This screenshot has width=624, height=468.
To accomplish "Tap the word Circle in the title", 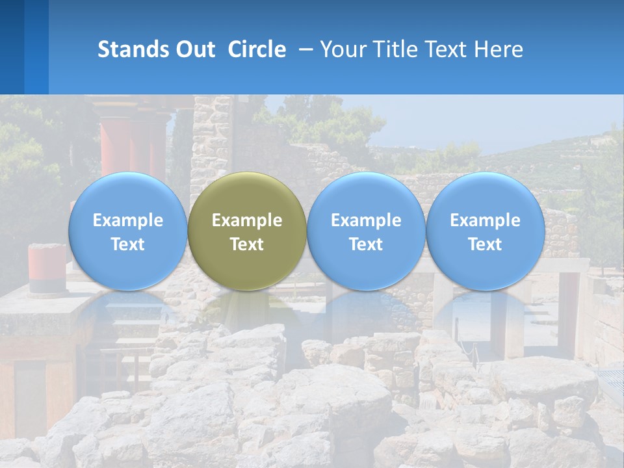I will coord(257,49).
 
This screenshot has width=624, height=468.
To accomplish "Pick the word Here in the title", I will coord(499,49).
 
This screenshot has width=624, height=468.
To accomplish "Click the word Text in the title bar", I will coord(448,49).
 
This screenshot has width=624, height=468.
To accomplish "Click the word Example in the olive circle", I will coord(247,220).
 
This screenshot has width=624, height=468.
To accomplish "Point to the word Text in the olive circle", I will coord(247,244).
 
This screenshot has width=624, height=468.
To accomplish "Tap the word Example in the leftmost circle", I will coord(127,220).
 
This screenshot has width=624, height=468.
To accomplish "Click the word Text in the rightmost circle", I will coord(485,244).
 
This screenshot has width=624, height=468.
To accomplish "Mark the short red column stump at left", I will coord(47,266).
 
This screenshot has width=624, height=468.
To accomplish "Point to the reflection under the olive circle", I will coord(247,312).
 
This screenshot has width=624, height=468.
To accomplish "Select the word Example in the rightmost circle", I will coord(485,220).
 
